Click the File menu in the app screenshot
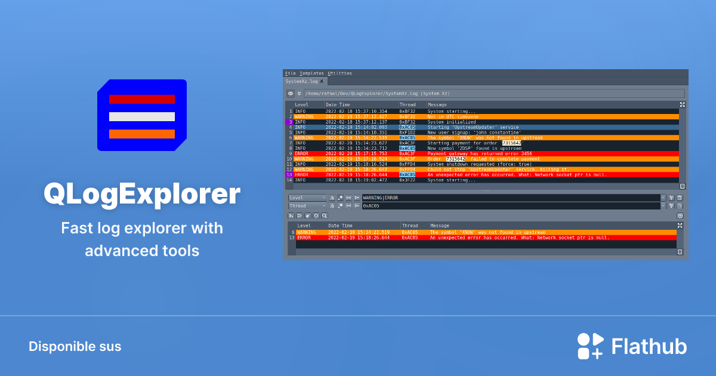coord(291,73)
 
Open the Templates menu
coord(311,73)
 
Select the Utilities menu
coord(340,73)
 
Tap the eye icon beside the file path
coord(291,94)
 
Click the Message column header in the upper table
coord(437,104)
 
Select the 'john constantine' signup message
coord(474,132)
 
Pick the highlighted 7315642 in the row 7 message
coord(511,143)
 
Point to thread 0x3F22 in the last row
coord(407,180)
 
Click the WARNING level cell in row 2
coord(304,116)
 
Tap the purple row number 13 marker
coord(289,174)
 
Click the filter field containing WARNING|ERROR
coord(511,198)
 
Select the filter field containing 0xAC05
coord(511,206)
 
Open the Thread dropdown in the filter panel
coord(307,206)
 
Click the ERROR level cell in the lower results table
coord(304,238)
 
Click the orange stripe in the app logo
coord(142,134)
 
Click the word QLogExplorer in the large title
coord(142,193)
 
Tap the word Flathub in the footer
coord(649,347)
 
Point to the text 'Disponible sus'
coord(75,347)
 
